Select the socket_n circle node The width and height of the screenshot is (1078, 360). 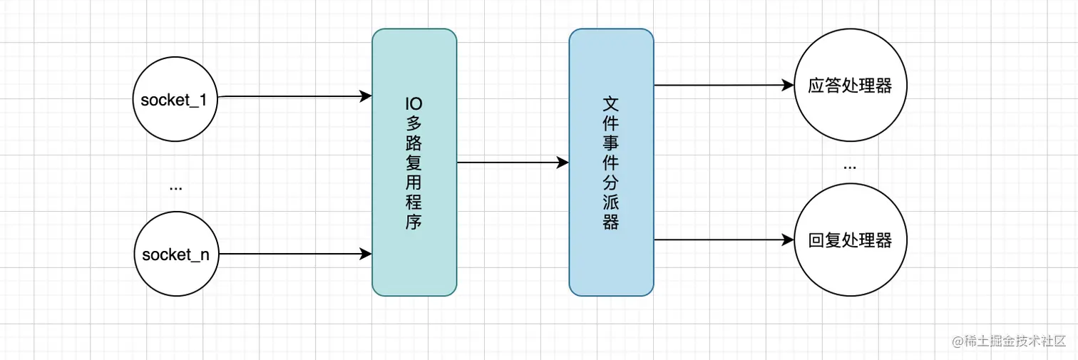pos(175,254)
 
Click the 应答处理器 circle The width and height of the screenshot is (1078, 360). pos(850,86)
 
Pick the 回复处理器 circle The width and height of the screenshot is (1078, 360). pos(850,240)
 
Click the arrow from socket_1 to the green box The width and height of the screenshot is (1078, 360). pos(292,96)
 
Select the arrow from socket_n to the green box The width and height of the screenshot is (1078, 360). pos(292,253)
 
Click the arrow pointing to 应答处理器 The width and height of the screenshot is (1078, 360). pos(720,86)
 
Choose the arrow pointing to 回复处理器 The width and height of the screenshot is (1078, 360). pos(720,240)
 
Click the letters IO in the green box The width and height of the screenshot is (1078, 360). pos(414,104)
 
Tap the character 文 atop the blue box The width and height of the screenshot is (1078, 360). pos(611,104)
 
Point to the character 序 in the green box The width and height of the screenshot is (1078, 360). pos(414,222)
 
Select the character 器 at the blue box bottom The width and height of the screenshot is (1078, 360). pos(611,222)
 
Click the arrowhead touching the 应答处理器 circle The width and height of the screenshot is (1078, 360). pos(788,86)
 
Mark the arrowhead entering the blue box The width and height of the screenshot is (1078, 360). pos(563,163)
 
